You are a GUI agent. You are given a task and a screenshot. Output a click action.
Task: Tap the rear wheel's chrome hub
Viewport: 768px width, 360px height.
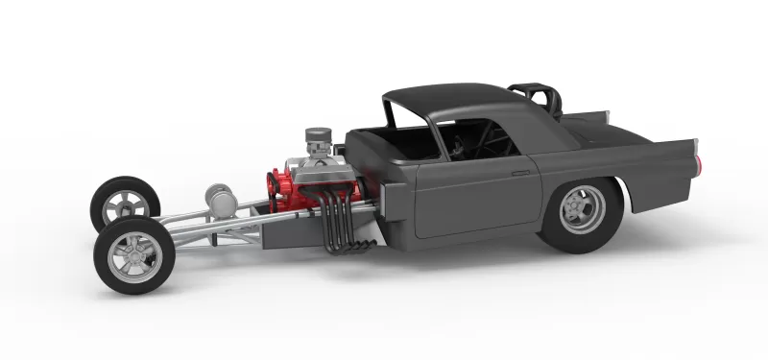(x=580, y=204)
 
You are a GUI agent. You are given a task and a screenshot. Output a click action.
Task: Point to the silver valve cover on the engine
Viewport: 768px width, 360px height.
(x=318, y=173)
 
